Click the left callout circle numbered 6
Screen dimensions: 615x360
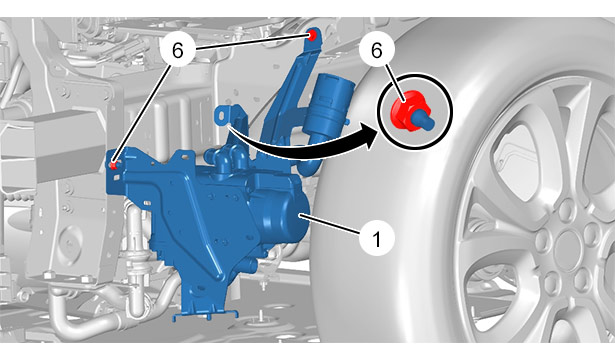(178, 51)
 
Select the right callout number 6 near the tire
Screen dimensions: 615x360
(377, 51)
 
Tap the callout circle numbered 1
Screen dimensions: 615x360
(377, 238)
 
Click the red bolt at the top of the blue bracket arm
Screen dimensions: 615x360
(313, 35)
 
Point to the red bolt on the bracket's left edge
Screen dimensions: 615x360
(114, 165)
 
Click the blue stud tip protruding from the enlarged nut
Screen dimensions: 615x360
(424, 119)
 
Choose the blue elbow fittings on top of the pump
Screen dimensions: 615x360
(227, 155)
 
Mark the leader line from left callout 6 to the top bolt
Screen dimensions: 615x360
(251, 43)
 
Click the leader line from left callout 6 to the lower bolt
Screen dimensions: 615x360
(142, 114)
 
